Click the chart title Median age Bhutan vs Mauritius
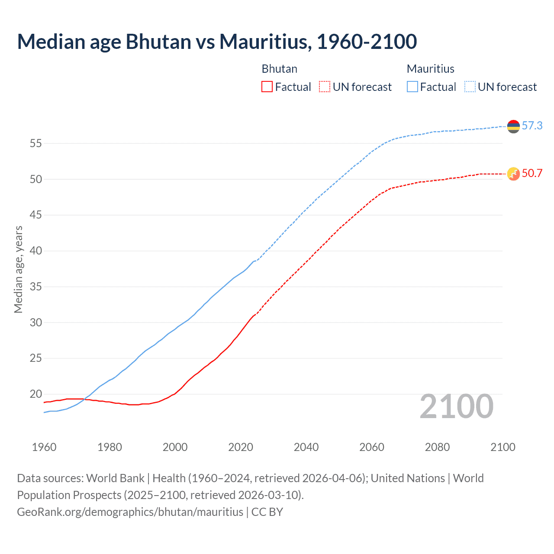[x=216, y=42]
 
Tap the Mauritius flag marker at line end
[x=513, y=126]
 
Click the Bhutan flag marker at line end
[x=513, y=174]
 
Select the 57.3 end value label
[x=532, y=126]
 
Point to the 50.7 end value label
[x=532, y=174]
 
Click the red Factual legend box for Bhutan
[x=267, y=87]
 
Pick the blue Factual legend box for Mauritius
[x=412, y=87]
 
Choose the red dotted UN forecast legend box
[x=325, y=87]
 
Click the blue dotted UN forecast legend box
[x=470, y=87]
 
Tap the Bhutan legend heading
[x=280, y=69]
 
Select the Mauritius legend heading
[x=431, y=69]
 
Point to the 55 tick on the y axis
[x=35, y=143]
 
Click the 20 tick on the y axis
[x=35, y=394]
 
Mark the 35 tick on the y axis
[x=35, y=287]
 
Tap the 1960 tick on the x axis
[x=44, y=447]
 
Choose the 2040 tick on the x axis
[x=306, y=447]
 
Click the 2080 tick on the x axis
[x=437, y=447]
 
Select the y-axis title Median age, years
[x=18, y=269]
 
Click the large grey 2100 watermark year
[x=457, y=406]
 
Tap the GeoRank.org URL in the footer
[x=130, y=512]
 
